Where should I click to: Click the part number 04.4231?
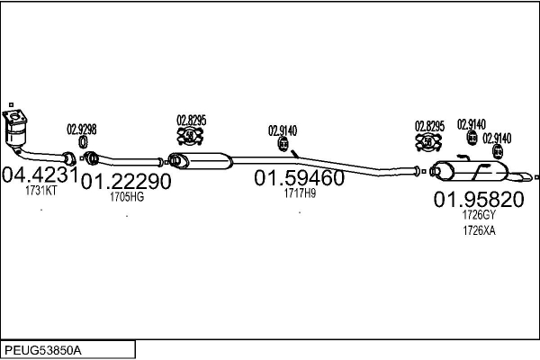pyautogui.click(x=40, y=175)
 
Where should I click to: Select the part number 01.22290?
pyautogui.click(x=126, y=181)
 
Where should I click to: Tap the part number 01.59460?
pyautogui.click(x=300, y=178)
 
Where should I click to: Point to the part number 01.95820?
pyautogui.click(x=479, y=200)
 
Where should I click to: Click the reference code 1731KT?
pyautogui.click(x=41, y=191)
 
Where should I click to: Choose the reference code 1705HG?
pyautogui.click(x=127, y=197)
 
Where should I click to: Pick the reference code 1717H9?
pyautogui.click(x=300, y=193)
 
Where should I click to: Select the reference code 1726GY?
pyautogui.click(x=479, y=215)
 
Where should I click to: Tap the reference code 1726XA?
pyautogui.click(x=479, y=230)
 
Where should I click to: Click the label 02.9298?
pyautogui.click(x=82, y=130)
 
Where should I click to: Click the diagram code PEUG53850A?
pyautogui.click(x=43, y=351)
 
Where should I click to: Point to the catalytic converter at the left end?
pyautogui.click(x=15, y=130)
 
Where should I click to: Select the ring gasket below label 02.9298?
pyautogui.click(x=83, y=142)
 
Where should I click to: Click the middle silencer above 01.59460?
pyautogui.click(x=201, y=161)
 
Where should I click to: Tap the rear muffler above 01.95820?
pyautogui.click(x=470, y=171)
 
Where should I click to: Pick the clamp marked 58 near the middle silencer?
pyautogui.click(x=190, y=136)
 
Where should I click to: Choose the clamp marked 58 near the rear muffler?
pyautogui.click(x=428, y=141)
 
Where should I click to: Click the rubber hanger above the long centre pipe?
pyautogui.click(x=283, y=144)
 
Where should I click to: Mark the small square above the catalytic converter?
pyautogui.click(x=11, y=104)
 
